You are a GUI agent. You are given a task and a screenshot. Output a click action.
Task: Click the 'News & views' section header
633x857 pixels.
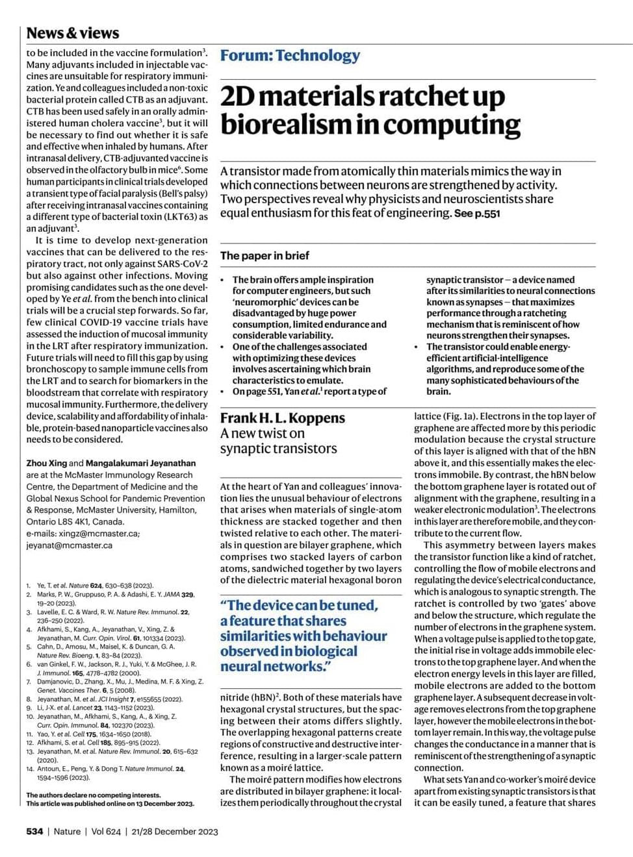click(72, 33)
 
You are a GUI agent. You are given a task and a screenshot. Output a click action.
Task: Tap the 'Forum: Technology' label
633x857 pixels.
click(290, 56)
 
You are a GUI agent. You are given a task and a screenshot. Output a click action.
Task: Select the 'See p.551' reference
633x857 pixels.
click(477, 214)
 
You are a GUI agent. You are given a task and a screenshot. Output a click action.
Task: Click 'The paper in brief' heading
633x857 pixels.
click(265, 256)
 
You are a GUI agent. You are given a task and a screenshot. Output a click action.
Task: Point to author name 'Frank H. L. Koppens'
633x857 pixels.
click(282, 418)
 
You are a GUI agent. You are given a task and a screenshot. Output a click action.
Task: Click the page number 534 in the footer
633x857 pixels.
click(34, 831)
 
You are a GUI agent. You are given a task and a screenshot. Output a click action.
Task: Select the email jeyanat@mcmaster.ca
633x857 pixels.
click(69, 545)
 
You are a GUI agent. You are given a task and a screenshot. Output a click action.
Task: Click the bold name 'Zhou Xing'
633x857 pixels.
click(46, 464)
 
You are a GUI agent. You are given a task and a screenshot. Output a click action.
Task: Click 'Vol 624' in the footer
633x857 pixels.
click(106, 831)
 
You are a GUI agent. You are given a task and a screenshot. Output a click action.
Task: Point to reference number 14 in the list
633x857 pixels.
click(30, 769)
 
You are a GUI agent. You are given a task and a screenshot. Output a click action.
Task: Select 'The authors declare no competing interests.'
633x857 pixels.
click(93, 795)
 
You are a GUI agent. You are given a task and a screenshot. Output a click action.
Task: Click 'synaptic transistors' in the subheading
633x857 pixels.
click(278, 449)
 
